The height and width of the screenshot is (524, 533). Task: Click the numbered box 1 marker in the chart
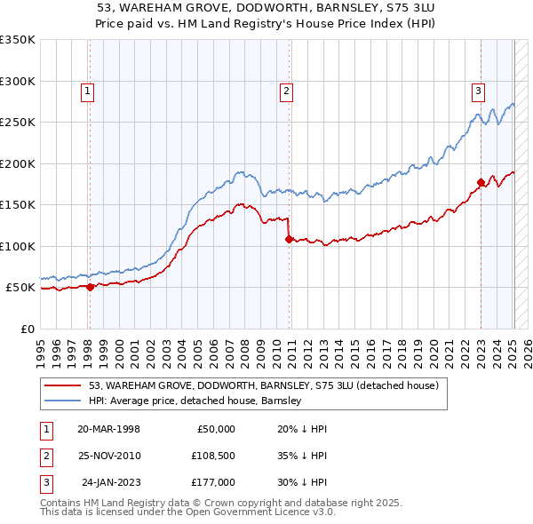tap(89, 90)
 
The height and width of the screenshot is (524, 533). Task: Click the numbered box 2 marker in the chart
tap(287, 90)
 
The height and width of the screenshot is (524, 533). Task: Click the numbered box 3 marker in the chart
tap(478, 90)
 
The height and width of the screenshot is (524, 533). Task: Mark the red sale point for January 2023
tap(481, 182)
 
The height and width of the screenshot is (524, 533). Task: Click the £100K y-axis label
tap(18, 246)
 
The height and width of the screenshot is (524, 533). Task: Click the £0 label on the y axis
tap(27, 329)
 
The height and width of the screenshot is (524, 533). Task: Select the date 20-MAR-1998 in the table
tap(108, 429)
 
